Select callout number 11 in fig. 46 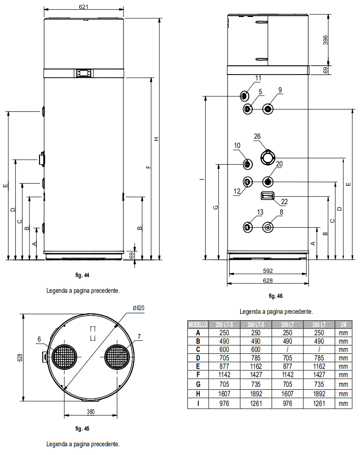[258, 78]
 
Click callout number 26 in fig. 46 [257, 136]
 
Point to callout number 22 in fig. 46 [284, 202]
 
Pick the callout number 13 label [260, 212]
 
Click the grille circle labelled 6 [64, 357]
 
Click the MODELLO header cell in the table [198, 324]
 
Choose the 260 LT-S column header [256, 324]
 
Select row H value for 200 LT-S [225, 394]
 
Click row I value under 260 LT [319, 403]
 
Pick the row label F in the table [198, 374]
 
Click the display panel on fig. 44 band [84, 73]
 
